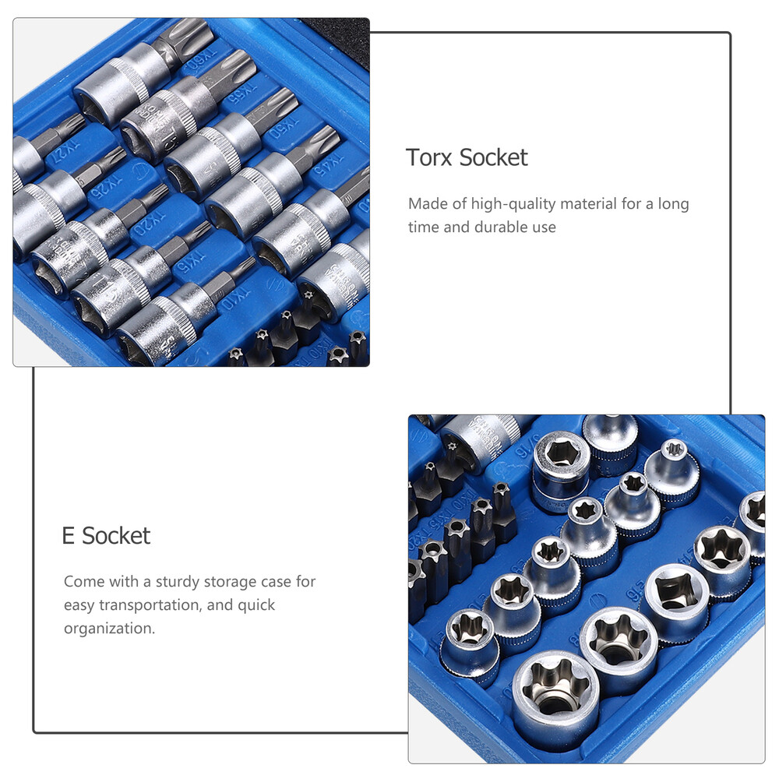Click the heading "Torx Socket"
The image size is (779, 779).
[x=467, y=157]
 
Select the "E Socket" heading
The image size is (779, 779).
[x=106, y=536]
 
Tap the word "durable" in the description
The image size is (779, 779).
[x=503, y=227]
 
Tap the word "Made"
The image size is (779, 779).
[x=428, y=204]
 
